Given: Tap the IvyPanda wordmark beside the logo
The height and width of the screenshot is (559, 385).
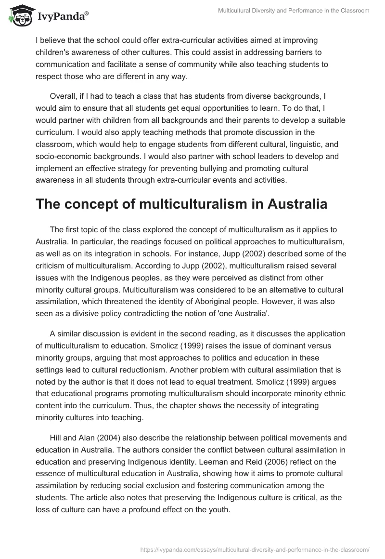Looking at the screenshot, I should click(x=63, y=16).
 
